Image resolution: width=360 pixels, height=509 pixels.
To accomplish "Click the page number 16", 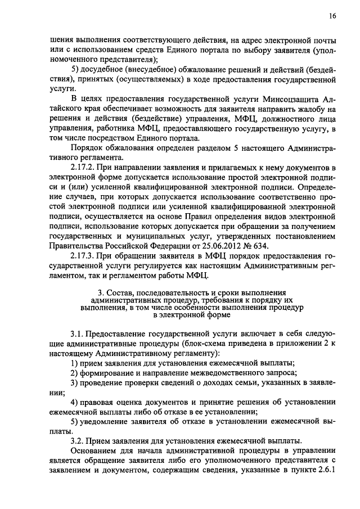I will [x=332, y=17].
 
